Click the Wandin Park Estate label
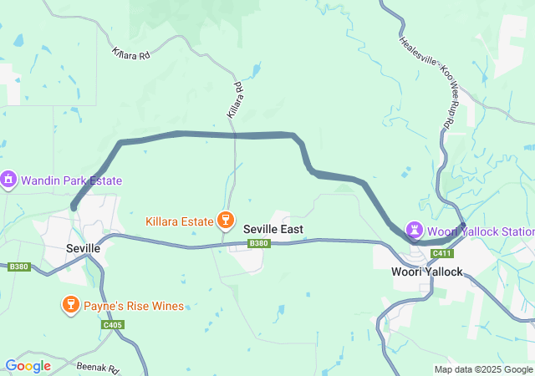[71, 180]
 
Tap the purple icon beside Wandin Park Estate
[9, 180]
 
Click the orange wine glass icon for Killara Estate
[224, 220]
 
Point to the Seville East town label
[273, 229]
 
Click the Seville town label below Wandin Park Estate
[83, 249]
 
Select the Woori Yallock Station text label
[480, 231]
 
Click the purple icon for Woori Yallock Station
[414, 229]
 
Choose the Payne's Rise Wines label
[134, 306]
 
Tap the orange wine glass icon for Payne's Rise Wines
[72, 306]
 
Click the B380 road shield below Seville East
[259, 244]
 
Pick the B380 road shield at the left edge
[18, 267]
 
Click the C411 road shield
[441, 253]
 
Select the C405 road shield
[113, 324]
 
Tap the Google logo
[28, 366]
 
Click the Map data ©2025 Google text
[482, 369]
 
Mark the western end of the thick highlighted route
[74, 206]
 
